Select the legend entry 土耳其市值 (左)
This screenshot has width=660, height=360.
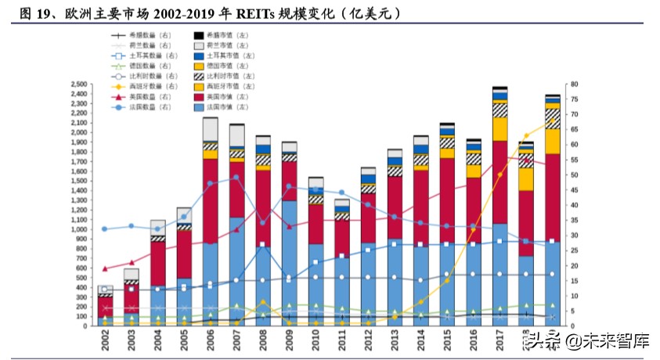[x=231, y=56]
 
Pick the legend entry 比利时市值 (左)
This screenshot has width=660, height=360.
[x=231, y=76]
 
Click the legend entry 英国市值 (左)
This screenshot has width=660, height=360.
[x=231, y=96]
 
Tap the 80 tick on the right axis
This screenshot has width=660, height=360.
[x=573, y=84]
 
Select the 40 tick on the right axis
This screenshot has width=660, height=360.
[x=573, y=205]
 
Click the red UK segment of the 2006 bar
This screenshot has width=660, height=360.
[x=211, y=200]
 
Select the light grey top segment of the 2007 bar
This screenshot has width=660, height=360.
[x=236, y=135]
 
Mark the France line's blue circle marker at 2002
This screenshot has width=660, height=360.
[x=104, y=229]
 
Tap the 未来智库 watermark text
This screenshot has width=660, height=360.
[x=607, y=341]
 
